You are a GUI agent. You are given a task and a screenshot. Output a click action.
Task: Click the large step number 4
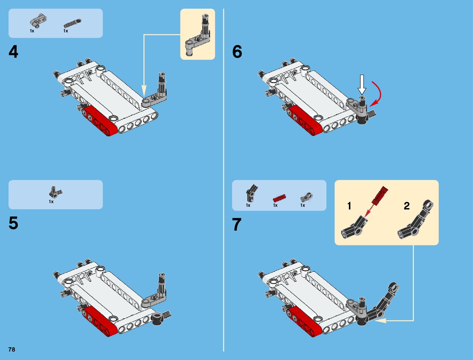coord(13,52)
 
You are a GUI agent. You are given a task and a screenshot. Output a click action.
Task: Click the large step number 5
coord(13,223)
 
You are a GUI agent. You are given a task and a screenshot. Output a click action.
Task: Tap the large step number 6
coord(237,52)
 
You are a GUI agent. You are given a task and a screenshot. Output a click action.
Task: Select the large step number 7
coord(237,225)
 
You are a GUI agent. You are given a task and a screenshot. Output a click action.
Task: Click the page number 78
coord(12,350)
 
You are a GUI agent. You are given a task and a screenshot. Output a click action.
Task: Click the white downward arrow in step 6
coord(362,84)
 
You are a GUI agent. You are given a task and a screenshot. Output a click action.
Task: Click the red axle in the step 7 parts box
coord(279,198)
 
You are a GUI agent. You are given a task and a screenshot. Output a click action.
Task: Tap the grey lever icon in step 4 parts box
coord(38,21)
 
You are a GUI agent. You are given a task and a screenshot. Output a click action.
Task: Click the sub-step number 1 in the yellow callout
coord(349,206)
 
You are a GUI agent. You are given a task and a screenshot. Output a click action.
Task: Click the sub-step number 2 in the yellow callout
coord(407,206)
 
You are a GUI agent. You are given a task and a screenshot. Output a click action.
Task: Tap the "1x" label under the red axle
coord(275,206)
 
